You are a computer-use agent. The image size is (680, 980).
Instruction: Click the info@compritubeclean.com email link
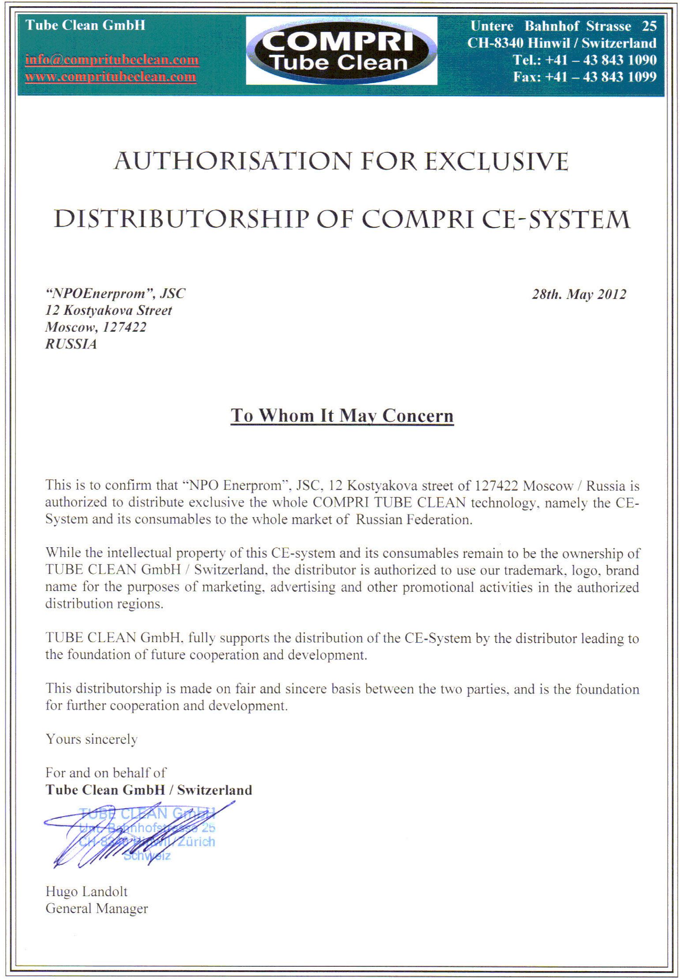tap(112, 59)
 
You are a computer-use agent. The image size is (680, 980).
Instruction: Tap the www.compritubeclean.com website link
tap(110, 76)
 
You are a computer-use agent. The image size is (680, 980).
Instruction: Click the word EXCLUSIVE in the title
tap(496, 161)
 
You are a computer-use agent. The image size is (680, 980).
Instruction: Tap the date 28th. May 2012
tap(579, 294)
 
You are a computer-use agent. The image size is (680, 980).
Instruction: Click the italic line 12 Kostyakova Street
tap(109, 310)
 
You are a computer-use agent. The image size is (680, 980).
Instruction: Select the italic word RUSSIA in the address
tap(71, 344)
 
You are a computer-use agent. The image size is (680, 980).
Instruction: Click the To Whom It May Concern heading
tap(342, 416)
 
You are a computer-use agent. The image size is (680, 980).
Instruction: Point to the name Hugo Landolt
tap(87, 891)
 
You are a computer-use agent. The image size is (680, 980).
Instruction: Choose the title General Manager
tap(97, 908)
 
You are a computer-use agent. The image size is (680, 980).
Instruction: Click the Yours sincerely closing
tap(91, 739)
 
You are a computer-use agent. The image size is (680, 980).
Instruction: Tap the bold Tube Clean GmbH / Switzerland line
tap(149, 790)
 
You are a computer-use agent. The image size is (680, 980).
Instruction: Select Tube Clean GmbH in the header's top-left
tap(85, 25)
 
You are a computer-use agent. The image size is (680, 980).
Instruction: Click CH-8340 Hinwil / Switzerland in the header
tap(562, 43)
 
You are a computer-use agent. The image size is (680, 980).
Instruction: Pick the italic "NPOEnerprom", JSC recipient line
tap(115, 294)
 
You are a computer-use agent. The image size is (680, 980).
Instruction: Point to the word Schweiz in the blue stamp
tap(147, 856)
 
